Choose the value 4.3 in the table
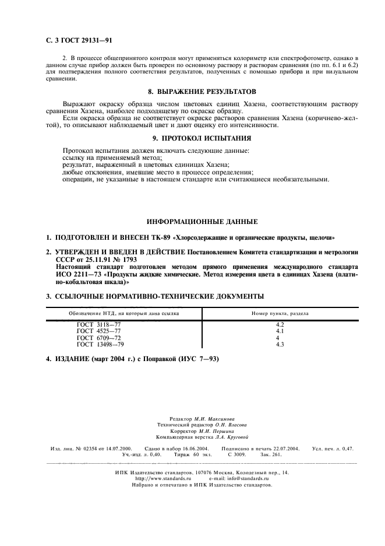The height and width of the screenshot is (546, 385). click(279, 344)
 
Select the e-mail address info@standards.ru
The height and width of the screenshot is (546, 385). click(248, 478)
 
